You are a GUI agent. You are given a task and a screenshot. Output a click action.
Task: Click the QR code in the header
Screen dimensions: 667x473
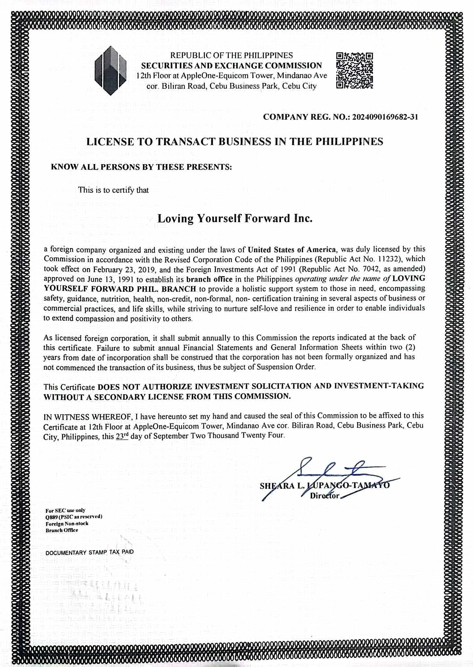(354, 71)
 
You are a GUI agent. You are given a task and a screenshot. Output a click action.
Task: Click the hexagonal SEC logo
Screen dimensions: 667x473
(110, 70)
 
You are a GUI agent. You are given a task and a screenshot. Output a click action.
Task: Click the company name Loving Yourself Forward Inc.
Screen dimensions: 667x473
(235, 218)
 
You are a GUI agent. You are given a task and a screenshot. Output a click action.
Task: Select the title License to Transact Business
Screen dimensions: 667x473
(235, 142)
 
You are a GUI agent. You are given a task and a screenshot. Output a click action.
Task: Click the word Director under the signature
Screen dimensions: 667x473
(325, 496)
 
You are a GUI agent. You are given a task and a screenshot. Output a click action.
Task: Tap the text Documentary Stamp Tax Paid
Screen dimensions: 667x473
(90, 552)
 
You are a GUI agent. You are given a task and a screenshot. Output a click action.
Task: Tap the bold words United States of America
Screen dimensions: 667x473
(292, 250)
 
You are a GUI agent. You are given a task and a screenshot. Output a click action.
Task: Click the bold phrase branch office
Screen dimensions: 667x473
(212, 279)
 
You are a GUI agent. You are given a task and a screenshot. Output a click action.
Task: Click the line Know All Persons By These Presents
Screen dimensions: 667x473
(142, 167)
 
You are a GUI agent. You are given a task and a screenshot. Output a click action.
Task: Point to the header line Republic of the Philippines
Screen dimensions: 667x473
(232, 56)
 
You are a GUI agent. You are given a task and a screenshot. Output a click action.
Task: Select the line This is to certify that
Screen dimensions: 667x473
(113, 190)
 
